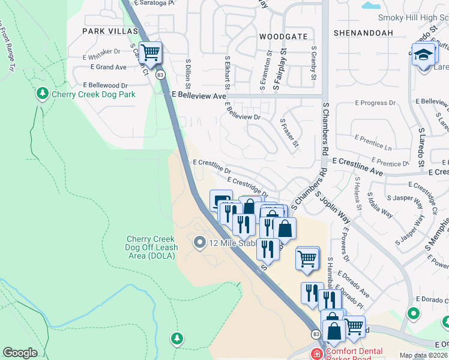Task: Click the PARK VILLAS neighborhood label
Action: coord(110,31)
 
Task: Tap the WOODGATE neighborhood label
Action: coord(279,37)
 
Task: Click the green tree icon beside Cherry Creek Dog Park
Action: coord(42,93)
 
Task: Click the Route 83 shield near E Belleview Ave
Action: coord(160,75)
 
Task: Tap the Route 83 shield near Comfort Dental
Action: coord(315,334)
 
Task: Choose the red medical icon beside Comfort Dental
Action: coord(316,353)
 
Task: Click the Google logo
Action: coord(20,353)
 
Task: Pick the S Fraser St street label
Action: coord(289,132)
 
